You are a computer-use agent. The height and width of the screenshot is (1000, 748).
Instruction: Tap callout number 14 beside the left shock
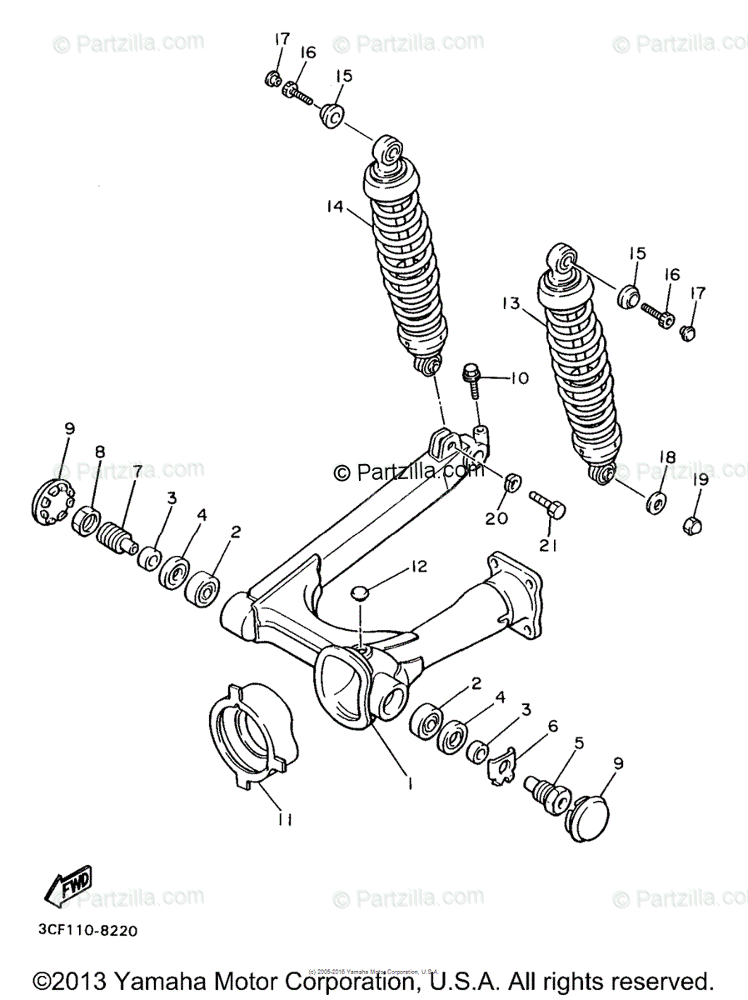click(335, 207)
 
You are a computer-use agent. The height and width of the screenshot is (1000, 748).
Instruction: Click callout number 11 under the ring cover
click(285, 820)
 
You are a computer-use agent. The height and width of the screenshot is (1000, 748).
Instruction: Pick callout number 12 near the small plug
click(417, 567)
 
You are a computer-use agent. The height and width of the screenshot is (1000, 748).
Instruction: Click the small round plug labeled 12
click(359, 592)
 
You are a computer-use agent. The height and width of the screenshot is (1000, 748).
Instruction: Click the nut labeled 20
click(514, 482)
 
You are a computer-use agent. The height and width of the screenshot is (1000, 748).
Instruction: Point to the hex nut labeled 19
click(691, 525)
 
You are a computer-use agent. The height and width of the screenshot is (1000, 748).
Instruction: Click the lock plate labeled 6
click(502, 767)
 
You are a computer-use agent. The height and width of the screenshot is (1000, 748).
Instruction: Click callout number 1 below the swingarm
click(409, 781)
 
